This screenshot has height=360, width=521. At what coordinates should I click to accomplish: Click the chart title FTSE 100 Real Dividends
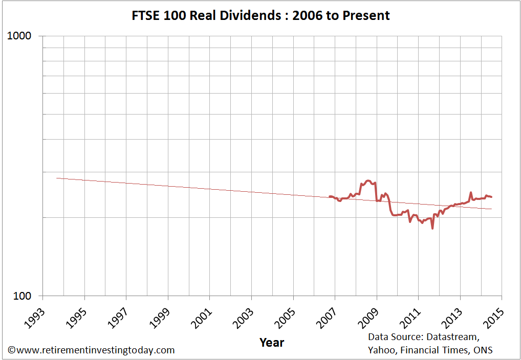point(260,15)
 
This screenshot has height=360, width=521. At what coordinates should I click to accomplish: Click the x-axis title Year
point(272,342)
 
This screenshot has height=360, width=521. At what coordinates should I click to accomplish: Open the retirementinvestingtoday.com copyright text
point(91,350)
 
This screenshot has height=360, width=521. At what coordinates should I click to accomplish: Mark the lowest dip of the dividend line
point(432,229)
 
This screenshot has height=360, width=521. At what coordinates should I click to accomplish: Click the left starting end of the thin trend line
point(56,178)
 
